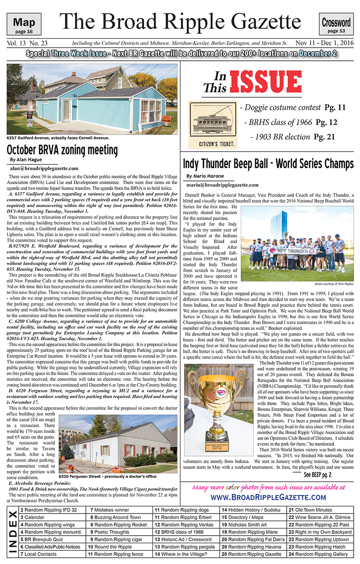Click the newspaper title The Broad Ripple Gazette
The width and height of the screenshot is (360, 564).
tap(179, 22)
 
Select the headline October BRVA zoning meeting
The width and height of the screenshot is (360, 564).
tap(63, 150)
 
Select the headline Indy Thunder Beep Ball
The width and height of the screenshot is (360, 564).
tap(268, 163)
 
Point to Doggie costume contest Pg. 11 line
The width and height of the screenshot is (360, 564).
tap(293, 108)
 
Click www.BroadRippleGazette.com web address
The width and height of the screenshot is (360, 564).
tap(268, 497)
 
